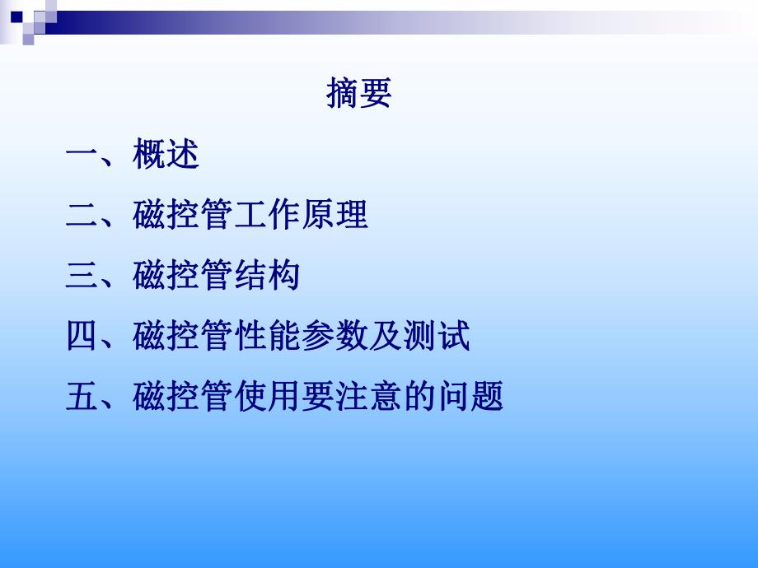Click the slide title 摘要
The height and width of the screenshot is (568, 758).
click(359, 94)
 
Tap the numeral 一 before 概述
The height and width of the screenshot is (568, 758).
click(82, 156)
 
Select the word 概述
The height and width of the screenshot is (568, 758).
click(166, 155)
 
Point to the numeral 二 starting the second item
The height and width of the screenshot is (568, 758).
click(82, 216)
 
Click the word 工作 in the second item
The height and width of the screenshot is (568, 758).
click(267, 216)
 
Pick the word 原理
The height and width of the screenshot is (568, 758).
click(335, 216)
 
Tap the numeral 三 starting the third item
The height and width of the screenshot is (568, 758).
click(82, 277)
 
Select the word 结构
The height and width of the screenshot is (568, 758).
click(267, 277)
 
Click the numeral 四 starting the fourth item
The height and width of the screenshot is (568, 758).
click(82, 338)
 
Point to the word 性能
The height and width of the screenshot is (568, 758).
click(267, 338)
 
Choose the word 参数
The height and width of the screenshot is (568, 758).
click(335, 338)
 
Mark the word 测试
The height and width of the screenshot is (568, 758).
click(437, 338)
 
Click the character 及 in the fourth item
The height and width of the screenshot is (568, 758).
click(386, 338)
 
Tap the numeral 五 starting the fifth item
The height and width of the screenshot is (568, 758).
click(82, 398)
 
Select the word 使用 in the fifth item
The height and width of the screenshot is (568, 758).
click(267, 398)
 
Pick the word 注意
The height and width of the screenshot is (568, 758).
click(368, 398)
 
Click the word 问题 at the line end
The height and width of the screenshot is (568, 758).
click(470, 398)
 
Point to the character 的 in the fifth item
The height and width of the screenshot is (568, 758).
click(419, 398)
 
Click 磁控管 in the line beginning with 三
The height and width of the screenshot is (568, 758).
click(183, 277)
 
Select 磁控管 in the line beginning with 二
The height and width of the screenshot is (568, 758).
click(183, 216)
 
